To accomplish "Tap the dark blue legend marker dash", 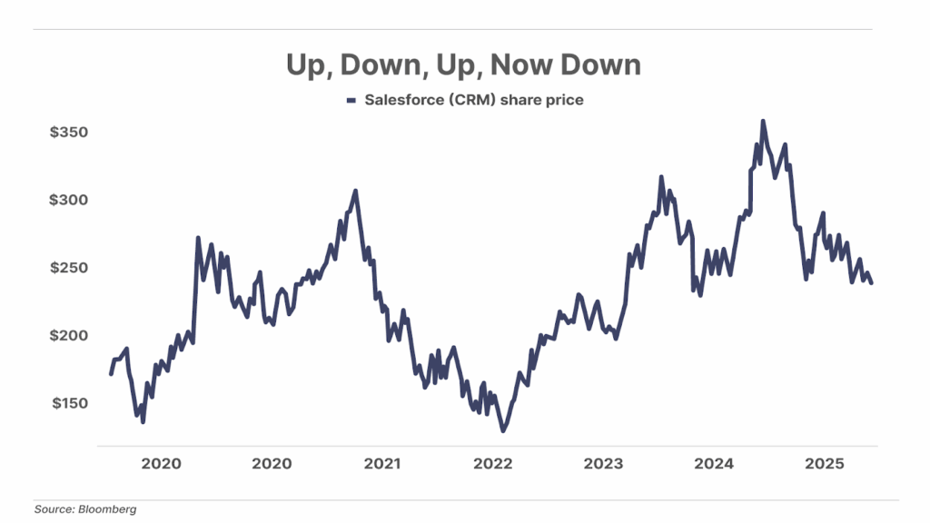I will [351, 101].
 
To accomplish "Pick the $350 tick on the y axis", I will [69, 133].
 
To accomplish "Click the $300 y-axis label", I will [69, 200].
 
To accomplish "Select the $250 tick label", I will [69, 268].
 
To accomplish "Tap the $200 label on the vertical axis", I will [69, 335].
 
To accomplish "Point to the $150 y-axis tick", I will [69, 403].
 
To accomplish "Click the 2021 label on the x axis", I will [382, 464].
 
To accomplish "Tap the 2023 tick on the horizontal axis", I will [603, 464].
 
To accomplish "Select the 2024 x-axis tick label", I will [714, 464].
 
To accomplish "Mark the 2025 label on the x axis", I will [826, 464].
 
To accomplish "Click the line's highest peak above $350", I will [762, 121].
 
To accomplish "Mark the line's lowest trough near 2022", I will [503, 430].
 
